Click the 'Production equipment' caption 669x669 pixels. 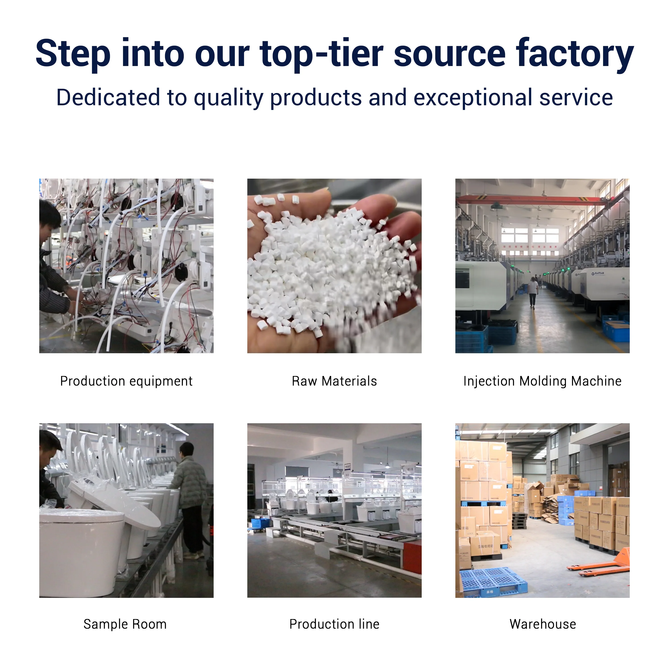pos(126,381)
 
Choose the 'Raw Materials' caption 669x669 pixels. pos(334,381)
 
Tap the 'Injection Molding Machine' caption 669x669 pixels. pos(542,381)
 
